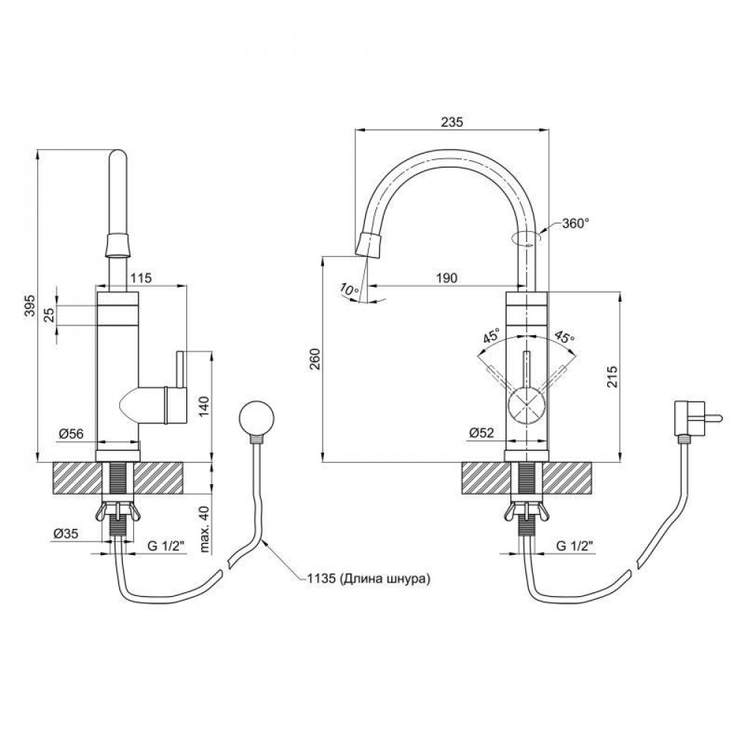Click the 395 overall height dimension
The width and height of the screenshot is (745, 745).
[28, 306]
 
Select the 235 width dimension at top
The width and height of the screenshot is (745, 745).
[451, 123]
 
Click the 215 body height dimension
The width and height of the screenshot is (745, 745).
[611, 376]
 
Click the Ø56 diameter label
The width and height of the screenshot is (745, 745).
[69, 434]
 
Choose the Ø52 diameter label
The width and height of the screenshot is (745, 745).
[483, 433]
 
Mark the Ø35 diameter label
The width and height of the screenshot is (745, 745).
[66, 534]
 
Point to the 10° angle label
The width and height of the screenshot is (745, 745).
[346, 288]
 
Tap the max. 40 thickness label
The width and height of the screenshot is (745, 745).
[204, 528]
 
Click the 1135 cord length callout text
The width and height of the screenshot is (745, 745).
[367, 577]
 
